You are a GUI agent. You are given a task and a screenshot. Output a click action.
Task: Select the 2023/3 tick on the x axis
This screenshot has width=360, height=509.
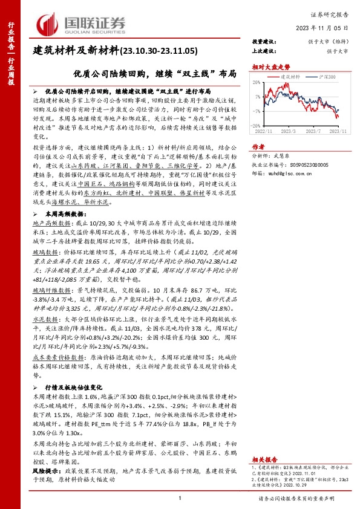pos(288,131)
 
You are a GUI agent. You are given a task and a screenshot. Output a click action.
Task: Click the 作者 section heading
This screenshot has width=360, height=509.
pos(259,146)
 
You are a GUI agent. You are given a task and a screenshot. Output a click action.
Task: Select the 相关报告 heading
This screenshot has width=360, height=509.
pos(264,459)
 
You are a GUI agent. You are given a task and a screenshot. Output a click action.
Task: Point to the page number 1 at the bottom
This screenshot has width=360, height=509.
pos(180,497)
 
